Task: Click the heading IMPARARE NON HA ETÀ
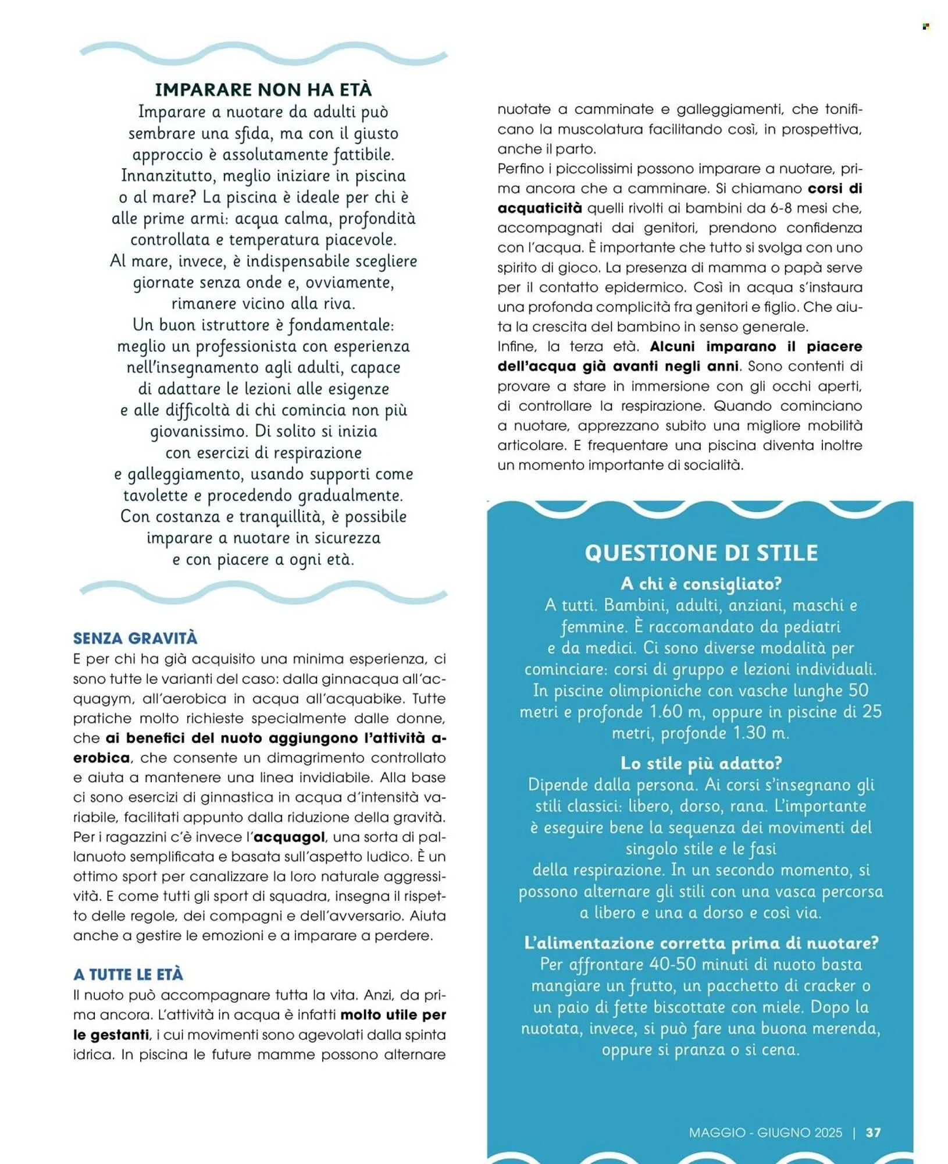point(263,90)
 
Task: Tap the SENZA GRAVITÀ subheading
point(135,638)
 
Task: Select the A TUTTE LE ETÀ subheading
point(128,974)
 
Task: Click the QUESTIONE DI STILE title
point(701,552)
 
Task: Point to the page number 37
point(873,1132)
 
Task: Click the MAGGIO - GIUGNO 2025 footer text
point(765,1132)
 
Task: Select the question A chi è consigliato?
point(701,583)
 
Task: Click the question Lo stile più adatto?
point(701,763)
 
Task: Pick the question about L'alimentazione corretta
point(701,943)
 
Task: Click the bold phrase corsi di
point(835,189)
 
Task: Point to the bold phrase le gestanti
point(111,1035)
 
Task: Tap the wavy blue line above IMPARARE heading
point(263,53)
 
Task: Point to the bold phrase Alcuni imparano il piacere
point(756,346)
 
